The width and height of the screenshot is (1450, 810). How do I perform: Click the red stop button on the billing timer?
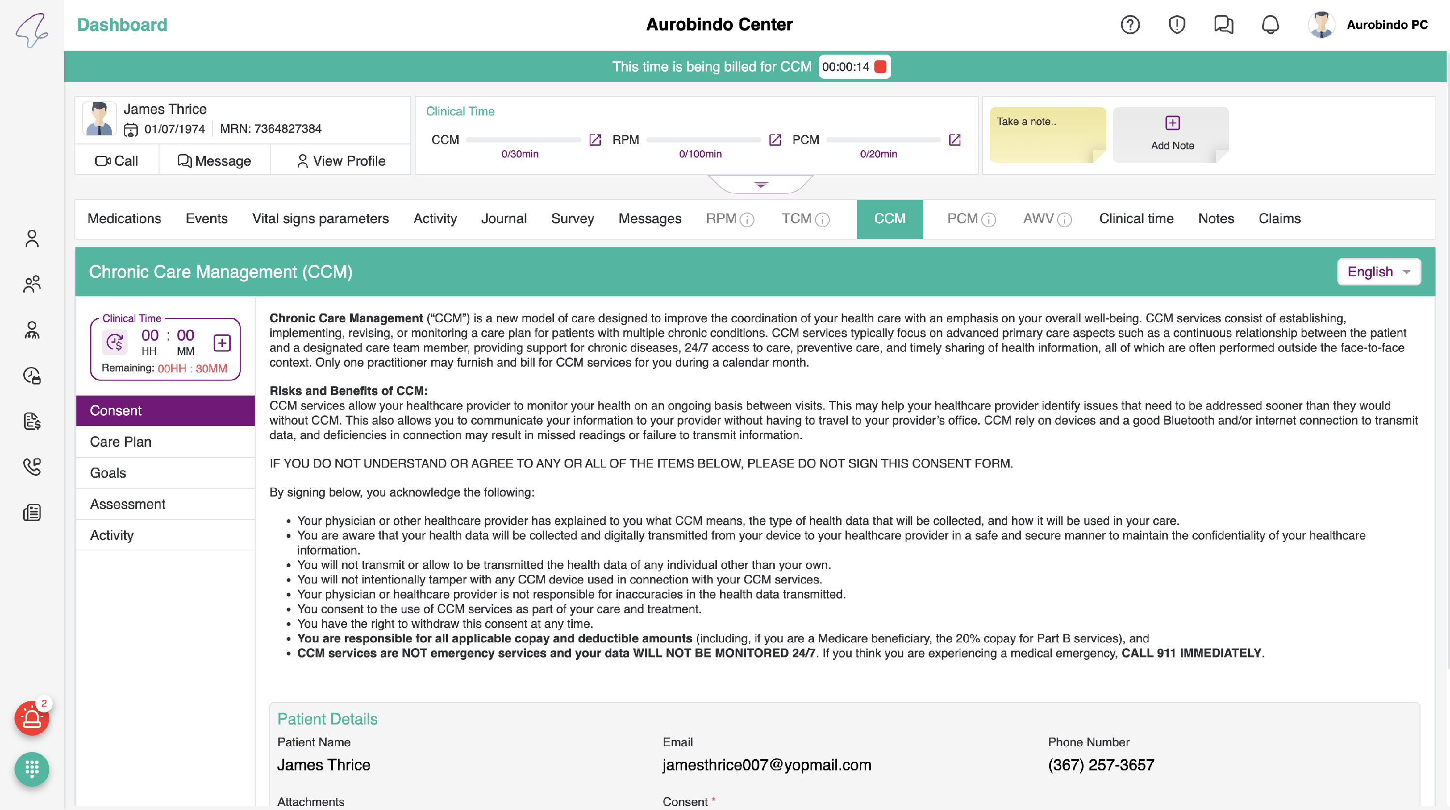pyautogui.click(x=880, y=67)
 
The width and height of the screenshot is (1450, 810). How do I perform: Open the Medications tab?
pyautogui.click(x=124, y=219)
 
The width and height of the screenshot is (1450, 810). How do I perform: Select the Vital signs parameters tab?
pyautogui.click(x=320, y=219)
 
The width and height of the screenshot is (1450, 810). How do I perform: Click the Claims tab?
pyautogui.click(x=1279, y=219)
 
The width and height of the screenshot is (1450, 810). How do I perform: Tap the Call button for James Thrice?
pyautogui.click(x=116, y=161)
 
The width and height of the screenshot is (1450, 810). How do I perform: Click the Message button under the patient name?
pyautogui.click(x=215, y=161)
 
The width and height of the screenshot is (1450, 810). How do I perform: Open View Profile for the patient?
pyautogui.click(x=341, y=161)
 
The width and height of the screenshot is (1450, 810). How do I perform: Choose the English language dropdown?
pyautogui.click(x=1378, y=271)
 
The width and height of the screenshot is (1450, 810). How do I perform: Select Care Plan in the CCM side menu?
pyautogui.click(x=121, y=441)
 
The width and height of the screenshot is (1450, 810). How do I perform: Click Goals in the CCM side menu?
pyautogui.click(x=108, y=473)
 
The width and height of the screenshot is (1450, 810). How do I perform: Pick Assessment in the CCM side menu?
pyautogui.click(x=128, y=504)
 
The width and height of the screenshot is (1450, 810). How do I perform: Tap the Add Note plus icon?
pyautogui.click(x=1173, y=123)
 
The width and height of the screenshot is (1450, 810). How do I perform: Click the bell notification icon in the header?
pyautogui.click(x=1270, y=25)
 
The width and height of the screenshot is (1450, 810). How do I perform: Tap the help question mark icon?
pyautogui.click(x=1130, y=25)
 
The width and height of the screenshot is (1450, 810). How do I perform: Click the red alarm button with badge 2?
pyautogui.click(x=31, y=718)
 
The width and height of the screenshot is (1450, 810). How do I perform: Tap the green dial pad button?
pyautogui.click(x=31, y=769)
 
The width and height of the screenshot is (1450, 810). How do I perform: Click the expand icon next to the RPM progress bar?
pyautogui.click(x=775, y=140)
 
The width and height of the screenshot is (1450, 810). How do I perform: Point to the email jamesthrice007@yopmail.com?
pyautogui.click(x=767, y=765)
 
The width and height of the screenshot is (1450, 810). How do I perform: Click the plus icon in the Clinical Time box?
pyautogui.click(x=222, y=342)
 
